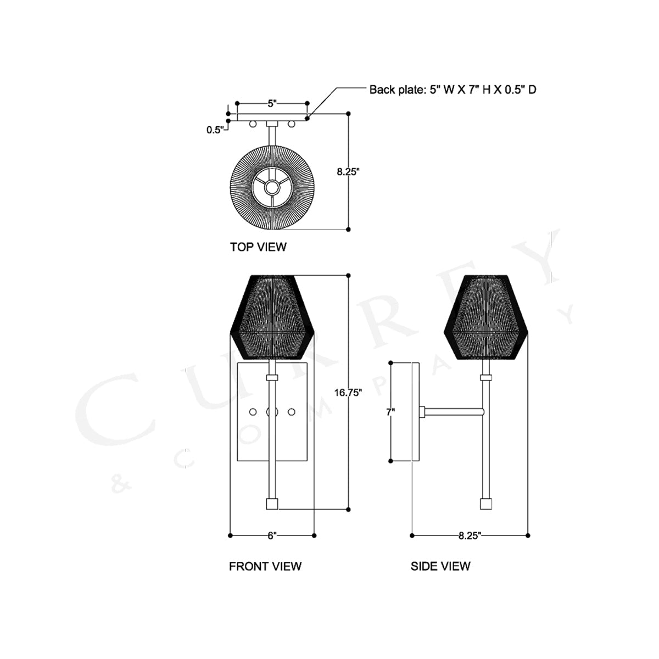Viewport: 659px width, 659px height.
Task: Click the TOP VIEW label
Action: pos(258,247)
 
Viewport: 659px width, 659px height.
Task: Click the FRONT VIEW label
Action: pos(265,566)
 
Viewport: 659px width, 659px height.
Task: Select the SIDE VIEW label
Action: pos(440,566)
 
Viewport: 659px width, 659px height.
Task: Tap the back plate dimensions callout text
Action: pos(453,90)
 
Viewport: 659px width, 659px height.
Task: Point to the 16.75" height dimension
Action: pos(348,393)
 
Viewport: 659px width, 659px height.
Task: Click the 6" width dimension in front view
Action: pos(272,535)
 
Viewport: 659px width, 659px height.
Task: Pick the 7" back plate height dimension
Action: pos(390,412)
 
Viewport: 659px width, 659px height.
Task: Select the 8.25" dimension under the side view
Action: pos(470,536)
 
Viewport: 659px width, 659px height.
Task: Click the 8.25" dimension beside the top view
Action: pos(348,171)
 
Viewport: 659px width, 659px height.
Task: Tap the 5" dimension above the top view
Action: pos(272,104)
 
